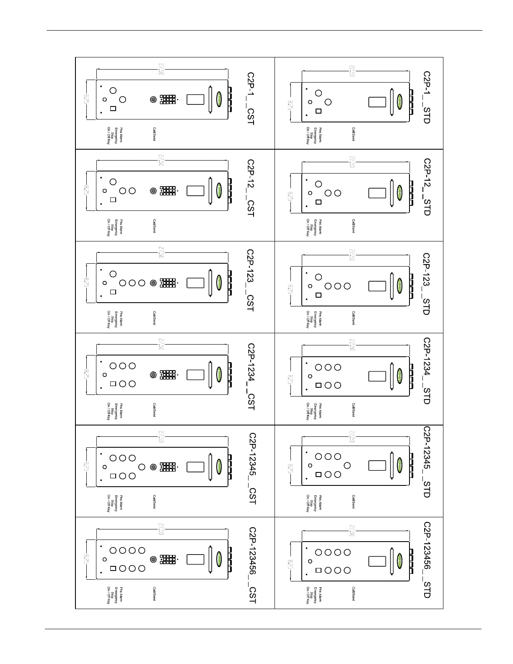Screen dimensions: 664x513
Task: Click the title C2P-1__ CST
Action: (250, 99)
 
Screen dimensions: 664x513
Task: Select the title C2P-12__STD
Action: (427, 187)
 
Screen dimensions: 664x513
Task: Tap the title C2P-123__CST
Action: (250, 280)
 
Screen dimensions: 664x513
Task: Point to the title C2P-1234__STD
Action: (427, 371)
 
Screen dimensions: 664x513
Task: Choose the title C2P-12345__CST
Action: (252, 469)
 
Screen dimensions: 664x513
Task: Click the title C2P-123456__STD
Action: (427, 560)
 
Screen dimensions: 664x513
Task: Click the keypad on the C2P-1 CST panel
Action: (168, 100)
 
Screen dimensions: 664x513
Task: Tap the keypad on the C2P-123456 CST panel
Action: (168, 559)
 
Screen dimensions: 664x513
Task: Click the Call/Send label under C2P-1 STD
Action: (353, 134)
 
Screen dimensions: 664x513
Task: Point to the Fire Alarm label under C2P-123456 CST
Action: (121, 594)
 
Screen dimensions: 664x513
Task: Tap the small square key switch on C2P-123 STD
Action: (319, 295)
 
